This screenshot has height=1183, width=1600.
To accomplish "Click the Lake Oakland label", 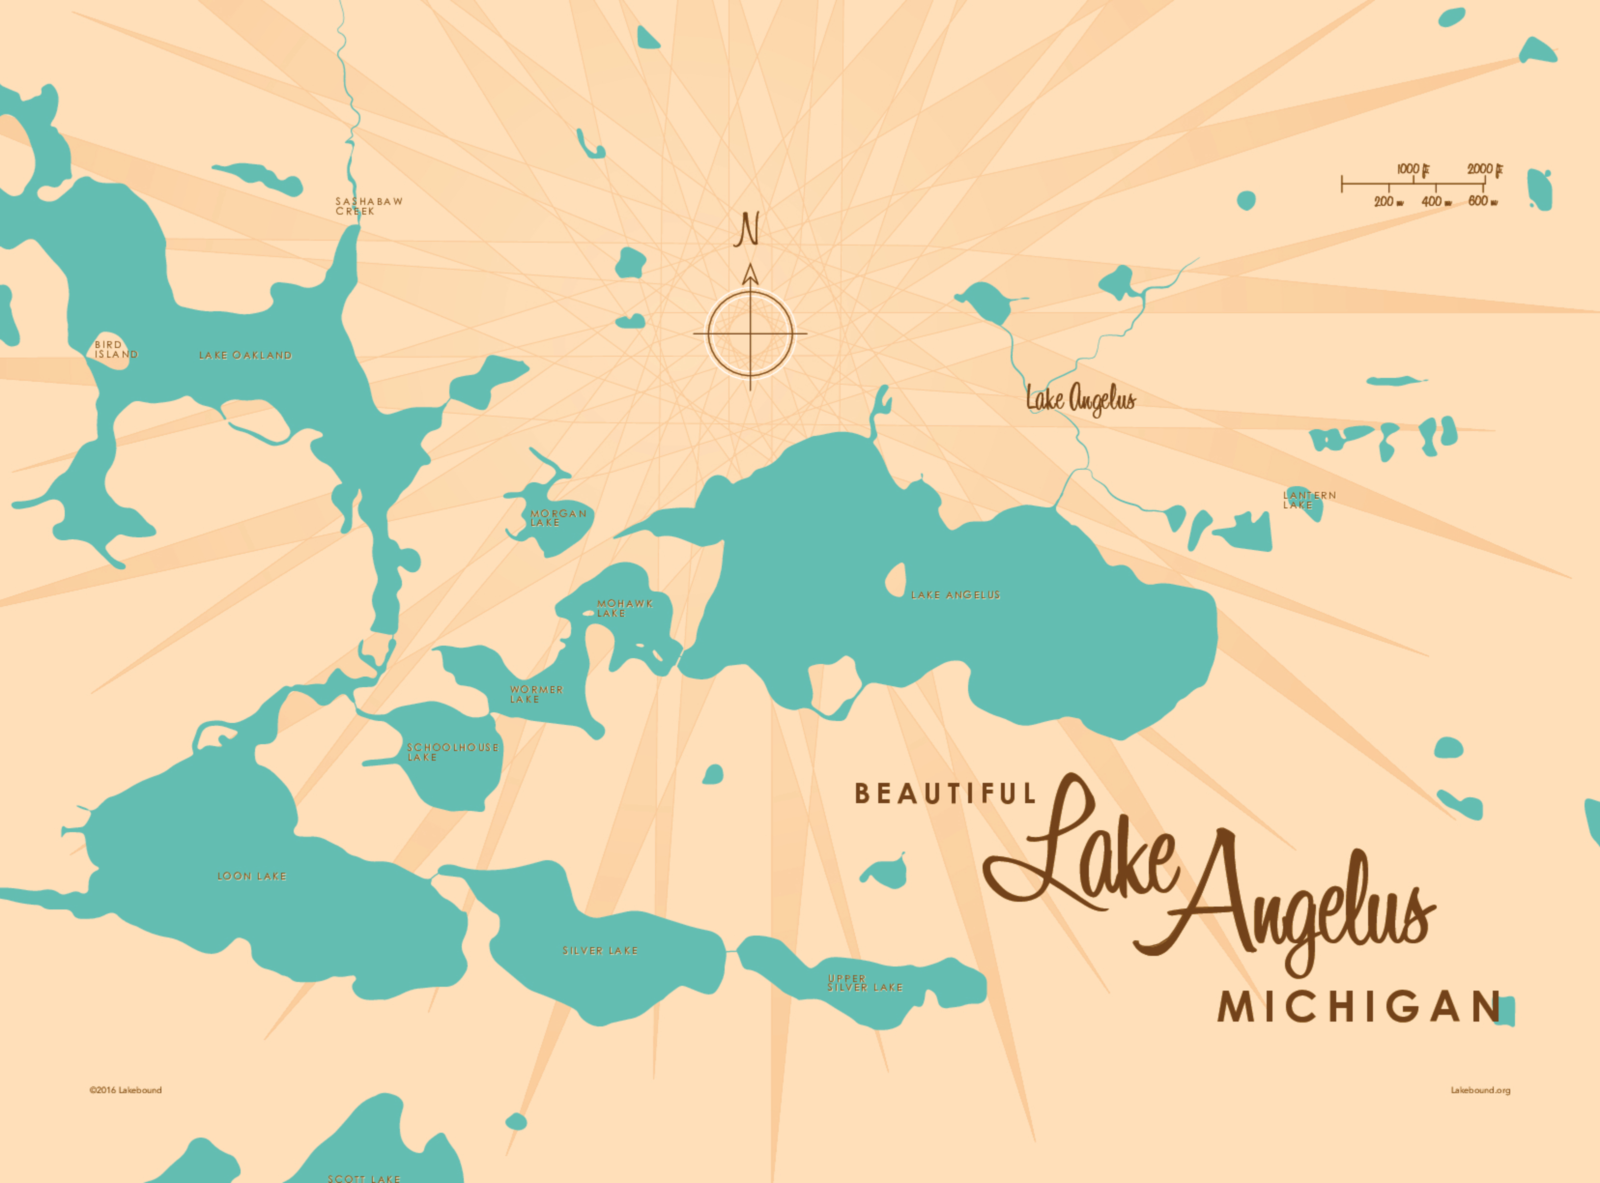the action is pos(245,355).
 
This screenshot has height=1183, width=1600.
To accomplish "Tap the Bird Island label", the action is pos(115,350).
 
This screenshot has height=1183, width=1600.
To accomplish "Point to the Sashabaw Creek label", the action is pos(368,206).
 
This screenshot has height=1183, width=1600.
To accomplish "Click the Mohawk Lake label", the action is pos(624,608).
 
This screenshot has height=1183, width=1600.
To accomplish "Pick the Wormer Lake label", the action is pos(536,694).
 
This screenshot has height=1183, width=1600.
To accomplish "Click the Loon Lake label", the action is pos(252,876).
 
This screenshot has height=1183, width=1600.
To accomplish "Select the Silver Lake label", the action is pos(600,951).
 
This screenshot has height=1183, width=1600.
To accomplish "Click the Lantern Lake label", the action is pos(1308,500).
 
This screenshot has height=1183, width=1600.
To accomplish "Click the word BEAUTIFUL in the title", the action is pos(945,793).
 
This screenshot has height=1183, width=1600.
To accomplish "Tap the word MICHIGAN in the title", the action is pos(1359,1007).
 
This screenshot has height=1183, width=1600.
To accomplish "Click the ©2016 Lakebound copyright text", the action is pos(125,1090).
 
